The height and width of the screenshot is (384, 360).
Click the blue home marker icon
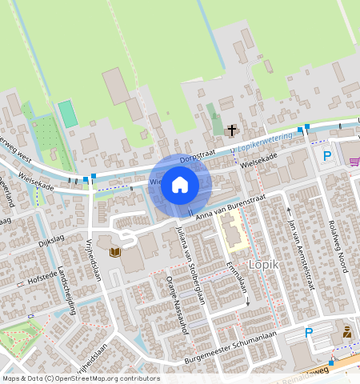click(x=180, y=186)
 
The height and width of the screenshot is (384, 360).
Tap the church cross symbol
click(x=232, y=130)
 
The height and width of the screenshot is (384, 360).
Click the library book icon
click(x=115, y=253)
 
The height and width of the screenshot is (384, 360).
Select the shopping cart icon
click(x=354, y=162)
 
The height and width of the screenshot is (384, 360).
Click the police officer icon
click(x=346, y=331)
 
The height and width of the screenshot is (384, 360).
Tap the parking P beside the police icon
click(x=309, y=333)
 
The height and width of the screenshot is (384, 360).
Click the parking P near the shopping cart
click(x=326, y=156)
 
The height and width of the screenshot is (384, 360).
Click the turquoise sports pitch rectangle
click(x=68, y=113)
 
